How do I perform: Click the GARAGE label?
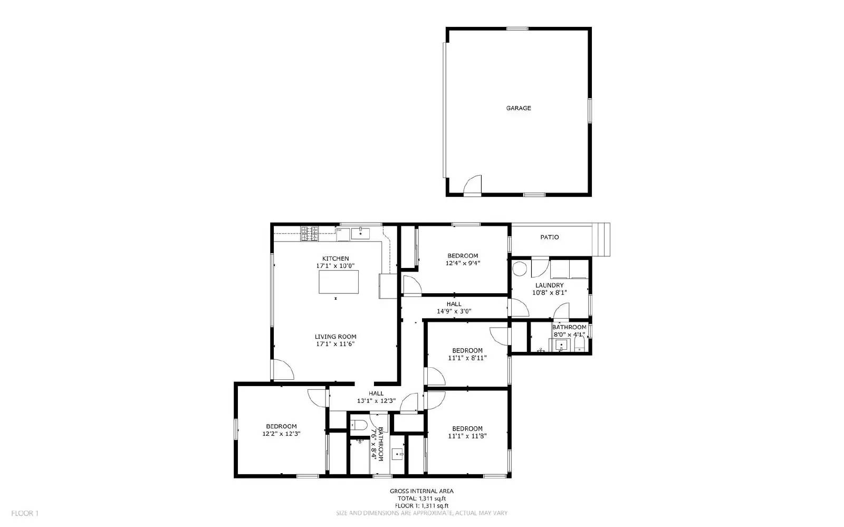(519, 108)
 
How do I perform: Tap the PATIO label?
(549, 237)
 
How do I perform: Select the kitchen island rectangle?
(338, 282)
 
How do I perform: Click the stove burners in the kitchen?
(310, 233)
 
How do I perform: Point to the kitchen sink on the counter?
(361, 233)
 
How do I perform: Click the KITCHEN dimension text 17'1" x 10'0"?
(335, 266)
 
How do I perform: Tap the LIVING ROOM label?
(335, 337)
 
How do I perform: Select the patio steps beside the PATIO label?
(602, 239)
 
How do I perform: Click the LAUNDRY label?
(549, 285)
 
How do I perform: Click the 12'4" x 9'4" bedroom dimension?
(463, 263)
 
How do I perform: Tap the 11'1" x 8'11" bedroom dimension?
(467, 358)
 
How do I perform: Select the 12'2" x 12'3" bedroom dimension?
(281, 434)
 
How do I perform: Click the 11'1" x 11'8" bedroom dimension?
(467, 436)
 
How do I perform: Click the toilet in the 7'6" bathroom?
(360, 424)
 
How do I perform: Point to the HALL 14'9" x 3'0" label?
(454, 308)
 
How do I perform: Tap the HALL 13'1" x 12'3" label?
(376, 397)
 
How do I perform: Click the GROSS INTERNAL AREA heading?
(421, 491)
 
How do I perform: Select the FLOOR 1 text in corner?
(25, 513)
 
